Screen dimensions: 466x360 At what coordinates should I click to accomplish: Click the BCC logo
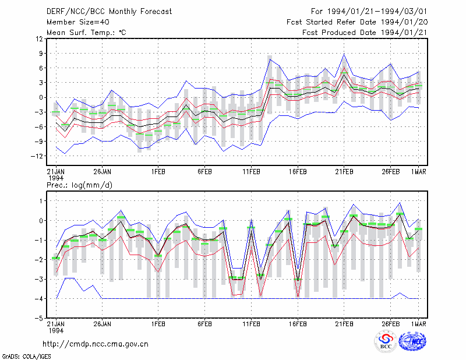coord(385,341)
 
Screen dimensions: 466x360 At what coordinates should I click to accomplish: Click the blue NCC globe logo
coord(412,341)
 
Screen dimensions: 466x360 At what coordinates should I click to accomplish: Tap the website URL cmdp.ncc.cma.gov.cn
coord(96,344)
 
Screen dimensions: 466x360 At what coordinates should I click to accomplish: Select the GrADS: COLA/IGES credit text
coord(26,356)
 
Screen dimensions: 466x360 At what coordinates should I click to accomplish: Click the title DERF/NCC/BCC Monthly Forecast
coord(109,12)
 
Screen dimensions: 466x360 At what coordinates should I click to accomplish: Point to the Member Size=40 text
coord(78,22)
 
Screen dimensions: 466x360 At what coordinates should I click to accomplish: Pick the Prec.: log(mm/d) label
coord(79,185)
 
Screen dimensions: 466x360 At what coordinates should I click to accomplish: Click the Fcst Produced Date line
coord(365,33)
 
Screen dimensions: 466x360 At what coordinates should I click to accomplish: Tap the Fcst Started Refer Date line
coord(357,22)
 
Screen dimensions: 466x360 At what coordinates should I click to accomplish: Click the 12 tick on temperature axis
coord(40,38)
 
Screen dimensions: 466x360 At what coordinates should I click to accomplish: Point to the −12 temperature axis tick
coord(37,156)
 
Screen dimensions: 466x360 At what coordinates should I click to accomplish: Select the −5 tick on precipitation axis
coord(40,318)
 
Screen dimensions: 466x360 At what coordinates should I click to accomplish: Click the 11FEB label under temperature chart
coord(251,172)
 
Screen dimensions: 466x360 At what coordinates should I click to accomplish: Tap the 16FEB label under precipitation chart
coord(298,324)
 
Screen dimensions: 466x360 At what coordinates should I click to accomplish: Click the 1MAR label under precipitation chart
coord(419,324)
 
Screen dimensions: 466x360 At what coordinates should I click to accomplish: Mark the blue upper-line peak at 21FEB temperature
coord(344,54)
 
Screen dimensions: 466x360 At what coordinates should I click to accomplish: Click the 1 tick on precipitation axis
coord(41,201)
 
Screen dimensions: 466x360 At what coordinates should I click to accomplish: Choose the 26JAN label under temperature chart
coord(103,172)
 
